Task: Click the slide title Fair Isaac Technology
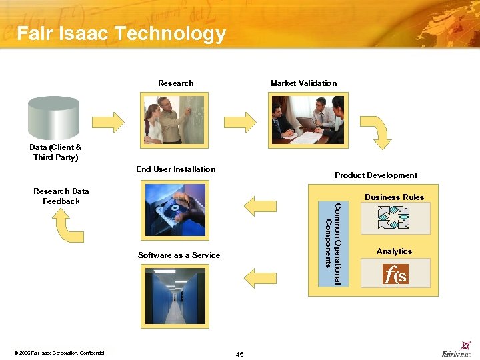[x=121, y=33]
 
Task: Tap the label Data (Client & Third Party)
[x=56, y=152]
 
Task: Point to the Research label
[x=176, y=83]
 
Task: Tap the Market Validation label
[x=303, y=83]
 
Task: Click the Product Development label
[x=376, y=175]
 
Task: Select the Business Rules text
[x=394, y=197]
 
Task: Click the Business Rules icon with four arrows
[x=394, y=218]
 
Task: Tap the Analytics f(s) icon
[x=394, y=273]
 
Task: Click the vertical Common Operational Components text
[x=332, y=244]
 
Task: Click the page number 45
[x=239, y=353]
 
